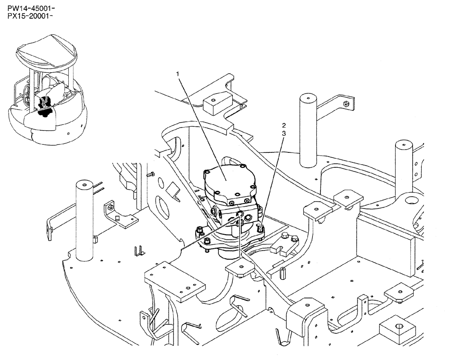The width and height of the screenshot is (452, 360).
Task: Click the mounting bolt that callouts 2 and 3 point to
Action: (261, 230)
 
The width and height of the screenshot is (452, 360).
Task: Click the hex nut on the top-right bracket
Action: (346, 104)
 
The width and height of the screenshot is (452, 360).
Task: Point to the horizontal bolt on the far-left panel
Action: (151, 175)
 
